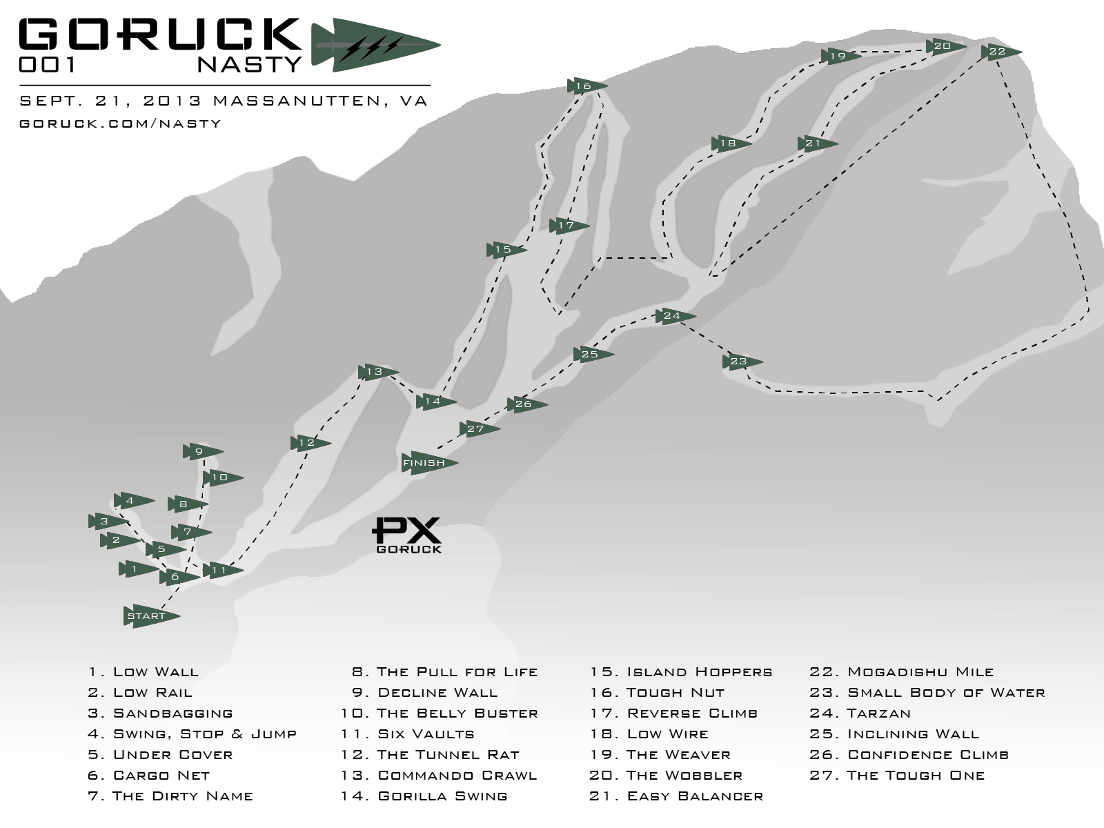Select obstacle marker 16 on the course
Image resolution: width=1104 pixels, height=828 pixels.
tap(586, 86)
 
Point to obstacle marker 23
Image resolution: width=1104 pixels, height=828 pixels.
tap(741, 362)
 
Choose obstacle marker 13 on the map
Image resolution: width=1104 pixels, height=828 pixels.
tap(377, 372)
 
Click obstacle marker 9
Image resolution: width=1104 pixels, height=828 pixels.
tap(201, 452)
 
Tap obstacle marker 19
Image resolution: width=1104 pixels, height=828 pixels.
tap(840, 57)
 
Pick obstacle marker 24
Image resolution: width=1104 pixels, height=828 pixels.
tap(674, 316)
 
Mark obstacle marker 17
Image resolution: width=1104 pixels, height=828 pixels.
tap(569, 226)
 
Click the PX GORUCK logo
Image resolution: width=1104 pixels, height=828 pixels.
tap(407, 535)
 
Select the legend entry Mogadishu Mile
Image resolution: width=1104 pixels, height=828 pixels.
tap(920, 672)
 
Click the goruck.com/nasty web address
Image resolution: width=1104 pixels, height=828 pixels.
tap(121, 124)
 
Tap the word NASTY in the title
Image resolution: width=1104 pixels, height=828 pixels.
tap(249, 64)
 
